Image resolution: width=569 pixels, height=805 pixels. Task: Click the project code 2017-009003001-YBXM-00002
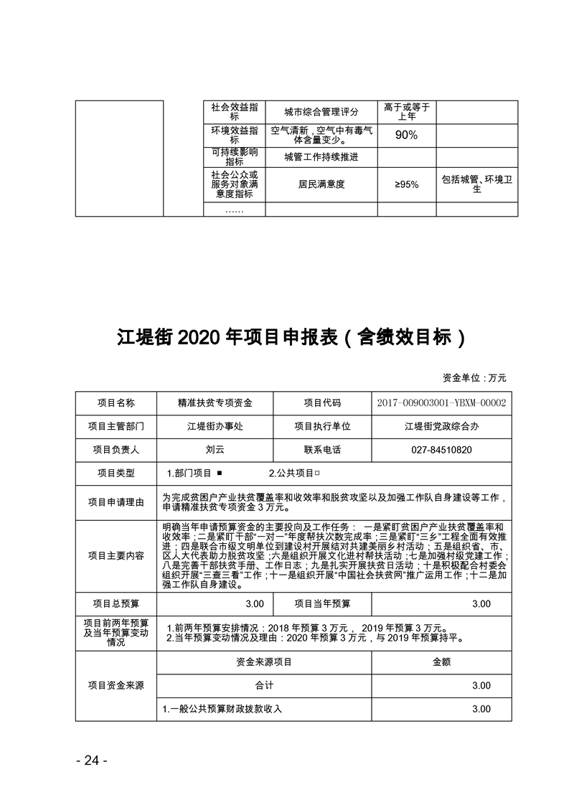point(441,403)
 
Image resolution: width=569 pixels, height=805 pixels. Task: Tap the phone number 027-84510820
point(441,450)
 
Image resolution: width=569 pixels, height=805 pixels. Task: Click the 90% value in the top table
point(406,135)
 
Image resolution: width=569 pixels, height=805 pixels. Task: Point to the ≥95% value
point(406,184)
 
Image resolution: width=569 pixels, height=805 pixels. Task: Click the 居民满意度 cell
point(321,184)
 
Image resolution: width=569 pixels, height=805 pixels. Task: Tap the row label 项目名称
point(116,403)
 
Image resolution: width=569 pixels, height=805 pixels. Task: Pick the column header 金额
point(441,662)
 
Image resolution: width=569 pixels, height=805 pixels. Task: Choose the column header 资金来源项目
point(263,662)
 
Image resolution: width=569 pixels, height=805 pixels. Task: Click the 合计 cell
point(263,686)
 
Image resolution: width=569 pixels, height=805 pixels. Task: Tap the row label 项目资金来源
point(116,686)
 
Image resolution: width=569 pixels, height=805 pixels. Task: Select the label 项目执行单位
point(322,426)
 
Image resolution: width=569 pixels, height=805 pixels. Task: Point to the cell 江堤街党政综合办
point(441,426)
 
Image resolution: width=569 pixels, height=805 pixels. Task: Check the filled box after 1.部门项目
point(218,474)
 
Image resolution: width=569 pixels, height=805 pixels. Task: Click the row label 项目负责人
point(116,450)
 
